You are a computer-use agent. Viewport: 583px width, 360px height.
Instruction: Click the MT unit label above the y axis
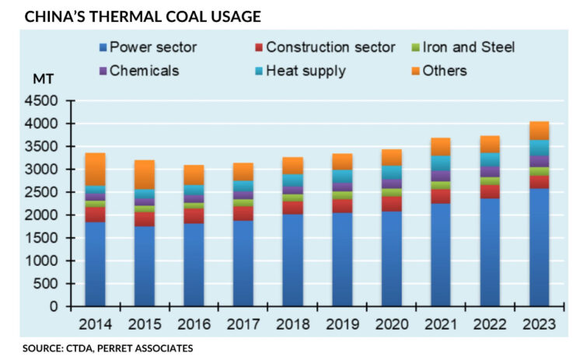43,80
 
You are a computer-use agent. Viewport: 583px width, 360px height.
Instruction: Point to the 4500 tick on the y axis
44,101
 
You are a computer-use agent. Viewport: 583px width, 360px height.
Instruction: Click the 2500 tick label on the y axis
44,192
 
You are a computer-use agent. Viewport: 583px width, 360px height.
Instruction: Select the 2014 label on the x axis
96,323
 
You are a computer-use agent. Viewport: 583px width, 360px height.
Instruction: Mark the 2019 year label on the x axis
339,323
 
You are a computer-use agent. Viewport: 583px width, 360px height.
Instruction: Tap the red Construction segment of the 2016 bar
193,215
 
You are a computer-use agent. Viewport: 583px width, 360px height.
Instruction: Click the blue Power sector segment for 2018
290,260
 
